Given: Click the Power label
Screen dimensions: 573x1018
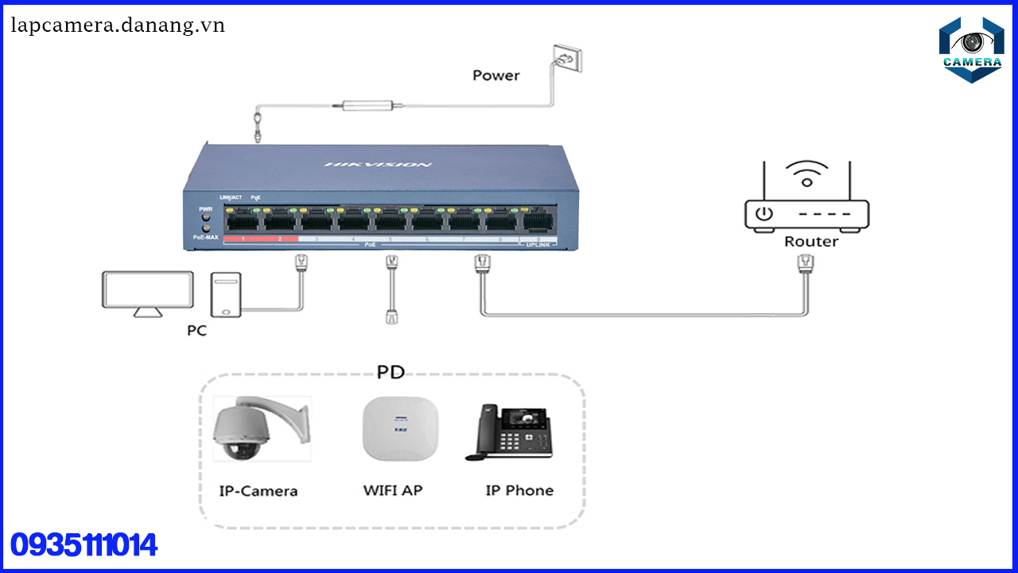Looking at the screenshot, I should pos(495,76).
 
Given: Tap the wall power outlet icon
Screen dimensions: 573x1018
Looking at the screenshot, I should pos(567,59).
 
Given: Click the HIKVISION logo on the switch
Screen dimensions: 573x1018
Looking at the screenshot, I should pos(378,165).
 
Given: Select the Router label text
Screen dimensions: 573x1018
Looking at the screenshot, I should pos(810,241).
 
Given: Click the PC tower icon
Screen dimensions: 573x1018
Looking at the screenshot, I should pos(225,294).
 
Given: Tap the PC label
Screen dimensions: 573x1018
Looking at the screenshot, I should pos(196,330).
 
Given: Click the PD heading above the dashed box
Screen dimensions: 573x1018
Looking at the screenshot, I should pos(390,372).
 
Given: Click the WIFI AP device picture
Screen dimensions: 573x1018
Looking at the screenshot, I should pos(399,429).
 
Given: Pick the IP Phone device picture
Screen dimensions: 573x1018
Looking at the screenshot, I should pos(509,431).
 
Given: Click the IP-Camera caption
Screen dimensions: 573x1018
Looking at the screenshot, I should pos(258,491).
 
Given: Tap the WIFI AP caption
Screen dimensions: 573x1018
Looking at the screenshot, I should pos(393,490).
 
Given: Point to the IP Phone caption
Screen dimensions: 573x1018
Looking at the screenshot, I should pos(519,490).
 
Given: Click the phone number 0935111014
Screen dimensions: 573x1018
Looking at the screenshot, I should pos(84,545).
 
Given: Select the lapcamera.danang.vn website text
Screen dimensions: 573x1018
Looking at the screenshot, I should pos(118,25).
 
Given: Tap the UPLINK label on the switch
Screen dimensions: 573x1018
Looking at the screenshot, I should pos(538,245).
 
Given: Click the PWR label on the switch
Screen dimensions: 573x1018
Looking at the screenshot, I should pos(205,209).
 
